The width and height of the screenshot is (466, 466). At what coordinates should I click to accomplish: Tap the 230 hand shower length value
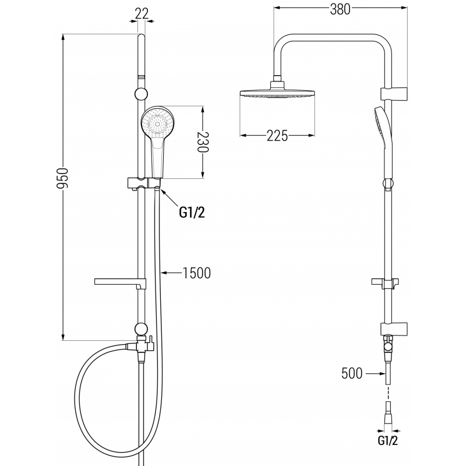tap(202, 141)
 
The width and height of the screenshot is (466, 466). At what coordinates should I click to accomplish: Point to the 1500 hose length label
tap(196, 272)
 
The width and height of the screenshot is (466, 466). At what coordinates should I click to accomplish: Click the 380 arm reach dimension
tap(340, 9)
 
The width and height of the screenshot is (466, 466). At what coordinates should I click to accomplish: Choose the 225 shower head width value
tap(278, 136)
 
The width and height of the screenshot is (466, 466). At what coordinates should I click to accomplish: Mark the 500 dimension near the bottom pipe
tap(353, 373)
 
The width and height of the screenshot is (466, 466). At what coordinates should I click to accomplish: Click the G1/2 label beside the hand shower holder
tap(192, 213)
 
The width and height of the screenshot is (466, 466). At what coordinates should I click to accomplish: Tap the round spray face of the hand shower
tap(157, 123)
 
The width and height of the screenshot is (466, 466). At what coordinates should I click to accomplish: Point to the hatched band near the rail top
tap(140, 76)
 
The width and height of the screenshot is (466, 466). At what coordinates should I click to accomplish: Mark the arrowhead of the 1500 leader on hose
tap(163, 272)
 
